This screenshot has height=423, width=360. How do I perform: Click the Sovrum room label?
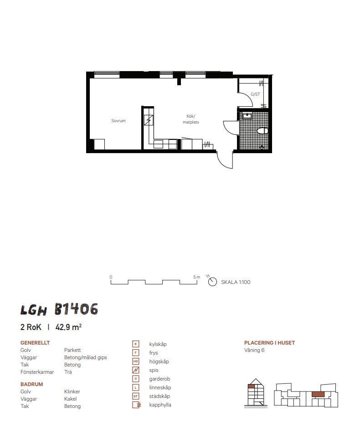(x=118, y=121)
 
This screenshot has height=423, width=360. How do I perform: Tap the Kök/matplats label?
(x=190, y=119)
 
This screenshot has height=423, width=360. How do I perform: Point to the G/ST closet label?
(x=255, y=94)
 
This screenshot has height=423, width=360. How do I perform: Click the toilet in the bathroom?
(x=262, y=131)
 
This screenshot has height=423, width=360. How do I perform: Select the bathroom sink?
(x=247, y=116)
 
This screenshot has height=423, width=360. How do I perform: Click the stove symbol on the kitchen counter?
(x=149, y=120)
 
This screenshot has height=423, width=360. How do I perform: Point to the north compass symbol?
(x=212, y=281)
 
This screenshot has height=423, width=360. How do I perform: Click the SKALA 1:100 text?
(x=236, y=282)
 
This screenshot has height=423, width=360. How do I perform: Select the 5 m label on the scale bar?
(x=196, y=277)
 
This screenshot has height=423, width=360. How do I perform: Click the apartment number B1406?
(x=76, y=309)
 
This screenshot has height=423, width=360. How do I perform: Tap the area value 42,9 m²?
(x=68, y=327)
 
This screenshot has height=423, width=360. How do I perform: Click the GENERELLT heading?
(x=35, y=343)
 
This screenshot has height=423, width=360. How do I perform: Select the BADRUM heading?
(x=31, y=384)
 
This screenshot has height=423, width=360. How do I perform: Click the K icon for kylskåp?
(x=136, y=344)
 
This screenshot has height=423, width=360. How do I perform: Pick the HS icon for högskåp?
(x=136, y=361)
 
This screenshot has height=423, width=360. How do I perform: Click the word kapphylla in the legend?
(x=160, y=405)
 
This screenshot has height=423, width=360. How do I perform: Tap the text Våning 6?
(x=254, y=350)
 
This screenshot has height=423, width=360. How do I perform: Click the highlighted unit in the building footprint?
(x=318, y=394)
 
